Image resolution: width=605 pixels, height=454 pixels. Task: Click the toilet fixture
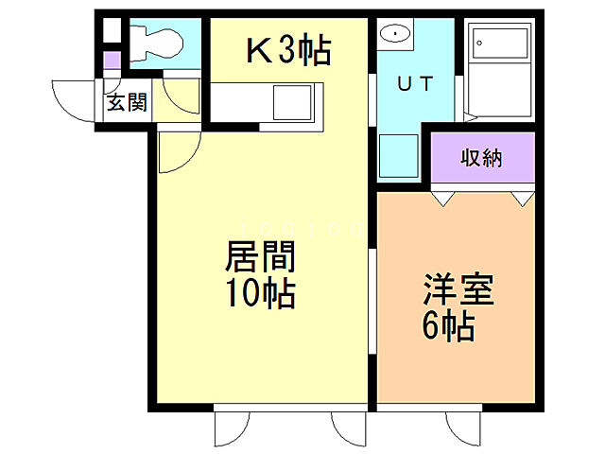[x=156, y=41]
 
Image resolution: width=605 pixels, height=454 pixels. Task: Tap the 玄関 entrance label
[x=126, y=103]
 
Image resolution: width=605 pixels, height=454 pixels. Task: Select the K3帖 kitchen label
[x=287, y=50]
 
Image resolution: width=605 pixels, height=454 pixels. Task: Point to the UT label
[x=415, y=84]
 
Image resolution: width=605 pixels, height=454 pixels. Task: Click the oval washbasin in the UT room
[x=393, y=35]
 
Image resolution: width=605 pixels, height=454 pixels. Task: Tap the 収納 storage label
[x=482, y=158]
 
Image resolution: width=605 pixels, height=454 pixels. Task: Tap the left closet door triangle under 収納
[x=442, y=199]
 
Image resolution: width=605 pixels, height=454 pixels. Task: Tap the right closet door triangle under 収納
[x=522, y=199]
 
